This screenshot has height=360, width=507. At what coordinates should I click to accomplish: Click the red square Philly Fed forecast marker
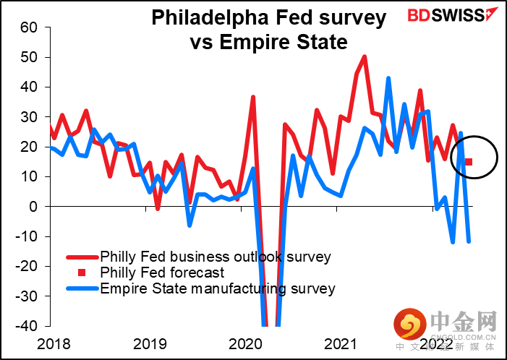tap(469, 162)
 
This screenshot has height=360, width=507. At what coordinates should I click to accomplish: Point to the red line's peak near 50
tap(365, 56)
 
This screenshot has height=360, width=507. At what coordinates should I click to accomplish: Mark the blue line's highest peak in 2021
tap(388, 78)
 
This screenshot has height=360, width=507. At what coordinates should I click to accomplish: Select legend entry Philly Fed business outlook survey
tap(216, 257)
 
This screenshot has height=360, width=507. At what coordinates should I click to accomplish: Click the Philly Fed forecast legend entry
tap(162, 273)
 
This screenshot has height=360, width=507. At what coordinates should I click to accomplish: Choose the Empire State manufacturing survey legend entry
tap(218, 288)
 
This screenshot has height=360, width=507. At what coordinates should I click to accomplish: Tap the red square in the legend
tap(81, 273)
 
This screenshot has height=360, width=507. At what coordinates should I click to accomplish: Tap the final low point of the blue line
tap(469, 241)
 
